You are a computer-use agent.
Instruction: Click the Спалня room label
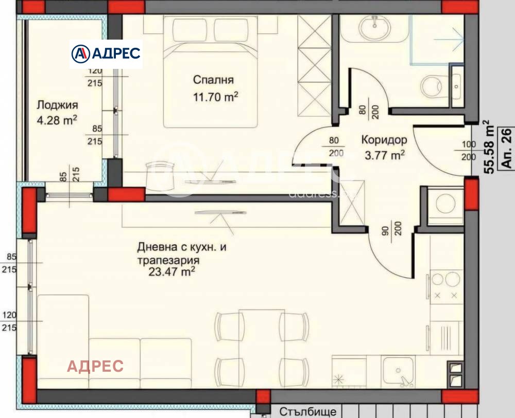[x=213, y=80]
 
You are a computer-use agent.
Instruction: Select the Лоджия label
[x=57, y=105]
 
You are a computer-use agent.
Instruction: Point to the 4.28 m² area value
[x=57, y=121]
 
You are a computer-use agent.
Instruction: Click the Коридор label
[x=384, y=140]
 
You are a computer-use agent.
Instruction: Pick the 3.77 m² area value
[x=384, y=154]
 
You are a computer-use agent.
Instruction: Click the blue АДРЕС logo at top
[x=106, y=53]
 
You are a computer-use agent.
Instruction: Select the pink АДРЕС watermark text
[x=96, y=366]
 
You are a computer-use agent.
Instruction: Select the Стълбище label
[x=308, y=412]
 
